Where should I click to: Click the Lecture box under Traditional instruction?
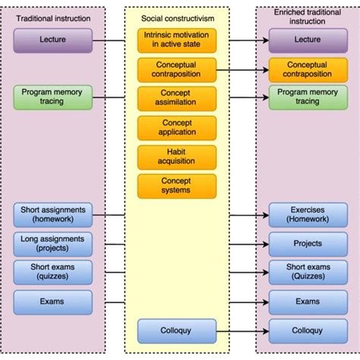point(52,39)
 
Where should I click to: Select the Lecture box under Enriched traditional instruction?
point(308,39)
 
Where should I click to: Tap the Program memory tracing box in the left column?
point(52,96)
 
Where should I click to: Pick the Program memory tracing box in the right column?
point(308,96)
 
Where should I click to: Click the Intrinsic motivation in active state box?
point(176,39)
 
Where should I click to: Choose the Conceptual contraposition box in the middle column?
point(176,70)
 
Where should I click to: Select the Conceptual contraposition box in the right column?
point(308,70)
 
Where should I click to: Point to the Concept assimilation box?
point(176,99)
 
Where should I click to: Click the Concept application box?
point(176,128)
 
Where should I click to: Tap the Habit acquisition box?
point(176,156)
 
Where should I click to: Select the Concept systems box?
point(176,185)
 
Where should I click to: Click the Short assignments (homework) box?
point(52,214)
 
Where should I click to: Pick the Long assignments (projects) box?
point(52,244)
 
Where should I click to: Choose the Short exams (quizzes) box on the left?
point(52,272)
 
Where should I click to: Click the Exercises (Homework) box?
point(308,214)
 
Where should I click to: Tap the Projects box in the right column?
point(308,244)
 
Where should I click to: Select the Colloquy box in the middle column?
point(176,330)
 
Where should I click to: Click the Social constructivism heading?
point(176,17)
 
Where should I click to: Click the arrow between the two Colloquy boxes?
point(242,330)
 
